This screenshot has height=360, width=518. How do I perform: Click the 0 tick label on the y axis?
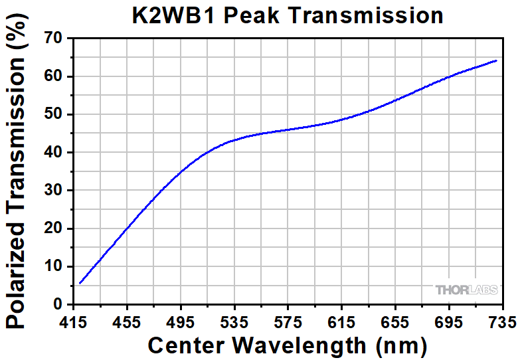[60, 304]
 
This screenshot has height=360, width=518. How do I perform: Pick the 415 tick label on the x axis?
[73, 322]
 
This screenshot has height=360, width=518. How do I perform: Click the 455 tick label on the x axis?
[127, 322]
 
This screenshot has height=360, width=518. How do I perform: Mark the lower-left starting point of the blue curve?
[80, 283]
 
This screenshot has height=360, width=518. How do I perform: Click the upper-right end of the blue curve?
[496, 60]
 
